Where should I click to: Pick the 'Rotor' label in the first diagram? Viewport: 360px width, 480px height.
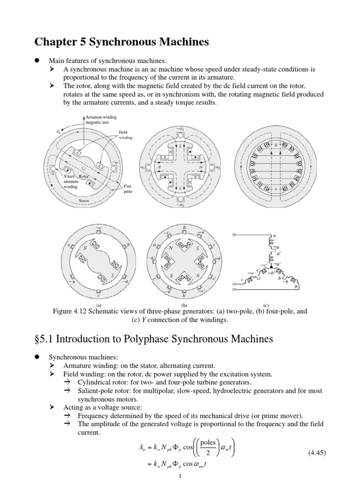pyautogui.click(x=83, y=176)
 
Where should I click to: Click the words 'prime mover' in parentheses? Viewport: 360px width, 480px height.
pyautogui.click(x=280, y=415)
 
